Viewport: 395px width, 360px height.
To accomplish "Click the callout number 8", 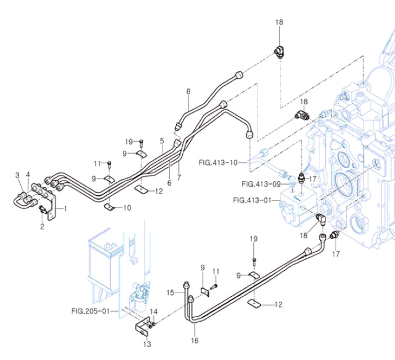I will [188, 90].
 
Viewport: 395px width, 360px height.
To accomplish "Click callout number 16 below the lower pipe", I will [195, 340].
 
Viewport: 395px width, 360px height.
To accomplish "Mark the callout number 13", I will [147, 345].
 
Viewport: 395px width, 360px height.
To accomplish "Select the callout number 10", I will [127, 208].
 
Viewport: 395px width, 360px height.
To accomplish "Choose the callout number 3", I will [17, 175].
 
